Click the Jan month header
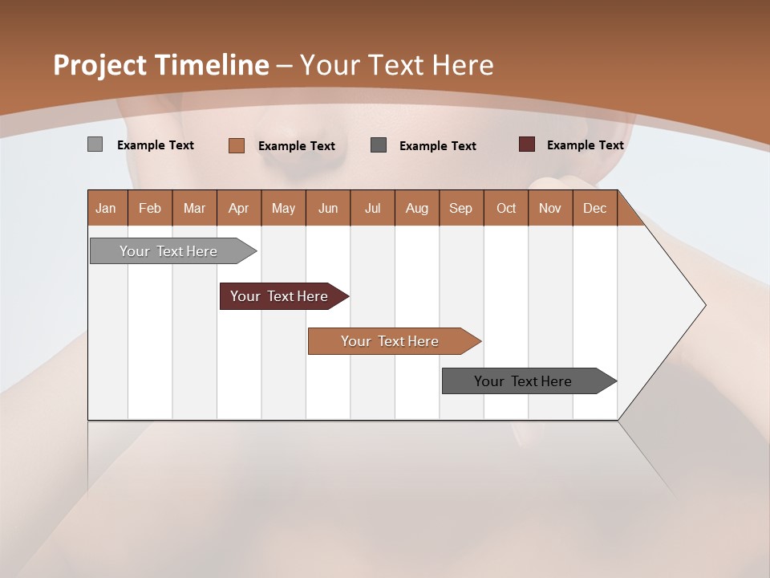click(107, 208)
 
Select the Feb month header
click(150, 208)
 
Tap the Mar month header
click(194, 208)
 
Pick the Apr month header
click(238, 208)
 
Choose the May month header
click(283, 208)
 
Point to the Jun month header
click(328, 208)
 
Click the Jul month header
click(372, 208)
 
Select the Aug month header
click(416, 208)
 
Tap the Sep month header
click(460, 208)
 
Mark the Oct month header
click(505, 208)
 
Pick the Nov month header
click(549, 208)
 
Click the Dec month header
click(594, 208)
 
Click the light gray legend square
click(95, 144)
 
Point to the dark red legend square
click(527, 144)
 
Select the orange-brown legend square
click(237, 145)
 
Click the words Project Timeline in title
click(161, 65)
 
